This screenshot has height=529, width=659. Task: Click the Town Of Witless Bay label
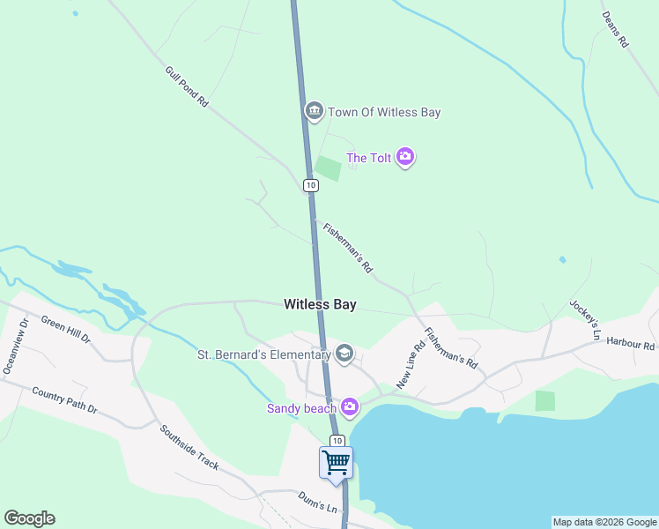[x=384, y=112]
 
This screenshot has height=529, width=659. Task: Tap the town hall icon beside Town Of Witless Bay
[x=314, y=111]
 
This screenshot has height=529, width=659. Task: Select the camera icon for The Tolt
[x=405, y=158]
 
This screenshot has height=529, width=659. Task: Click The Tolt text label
[x=368, y=159]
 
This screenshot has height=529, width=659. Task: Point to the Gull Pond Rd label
[x=186, y=87]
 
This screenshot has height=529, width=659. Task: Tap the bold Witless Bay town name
[x=320, y=304]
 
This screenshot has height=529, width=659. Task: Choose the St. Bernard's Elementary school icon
[x=344, y=354]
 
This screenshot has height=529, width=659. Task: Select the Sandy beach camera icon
[x=350, y=406]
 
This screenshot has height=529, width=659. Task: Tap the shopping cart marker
[x=336, y=462]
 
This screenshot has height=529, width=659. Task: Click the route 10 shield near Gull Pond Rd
[x=310, y=185]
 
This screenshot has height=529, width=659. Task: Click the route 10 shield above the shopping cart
[x=337, y=440]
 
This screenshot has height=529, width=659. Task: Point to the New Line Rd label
[x=411, y=364]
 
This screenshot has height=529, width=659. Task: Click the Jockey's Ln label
[x=584, y=320]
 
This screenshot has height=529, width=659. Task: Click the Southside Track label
[x=189, y=448]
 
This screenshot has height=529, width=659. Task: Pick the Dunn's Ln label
[x=317, y=503]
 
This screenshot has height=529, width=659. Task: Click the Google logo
[x=29, y=518]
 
